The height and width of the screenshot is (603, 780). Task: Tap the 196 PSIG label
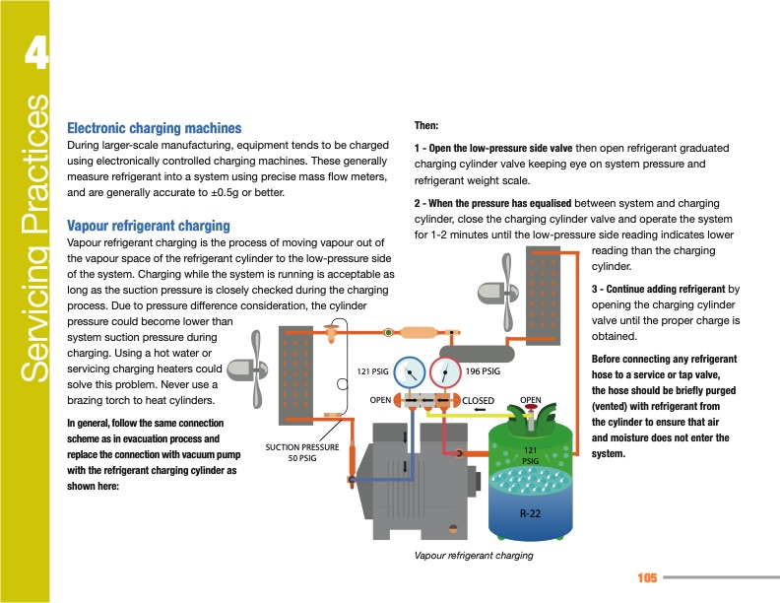[x=483, y=371]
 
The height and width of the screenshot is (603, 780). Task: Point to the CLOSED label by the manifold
[x=479, y=400]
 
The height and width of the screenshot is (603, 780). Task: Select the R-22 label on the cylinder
[x=530, y=512]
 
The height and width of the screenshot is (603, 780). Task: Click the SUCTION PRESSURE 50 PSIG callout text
[x=302, y=452]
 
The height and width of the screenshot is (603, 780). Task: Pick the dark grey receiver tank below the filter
[x=479, y=350]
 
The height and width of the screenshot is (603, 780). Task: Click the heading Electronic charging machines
[x=153, y=128]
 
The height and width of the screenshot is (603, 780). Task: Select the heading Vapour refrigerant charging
[x=147, y=226]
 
